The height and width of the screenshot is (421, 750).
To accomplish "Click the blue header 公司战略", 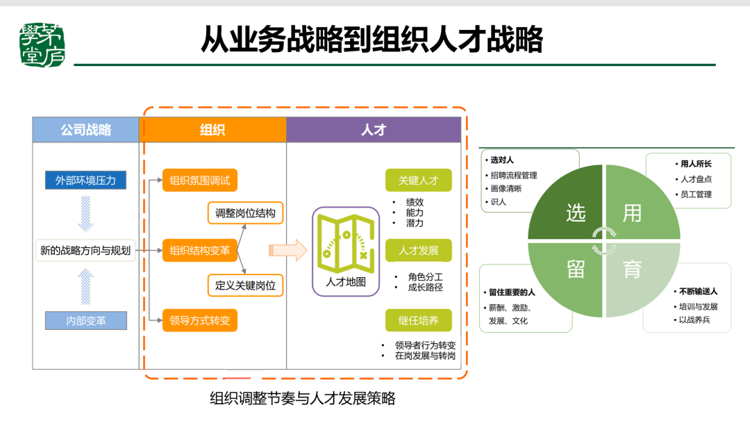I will pyautogui.click(x=85, y=130).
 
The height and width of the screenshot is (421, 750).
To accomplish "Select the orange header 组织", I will pyautogui.click(x=212, y=130).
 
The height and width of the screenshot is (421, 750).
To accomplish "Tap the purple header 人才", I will pyautogui.click(x=374, y=130).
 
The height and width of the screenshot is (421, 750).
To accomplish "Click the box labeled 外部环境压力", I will pyautogui.click(x=85, y=181).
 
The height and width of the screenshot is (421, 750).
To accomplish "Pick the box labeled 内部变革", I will pyautogui.click(x=86, y=321).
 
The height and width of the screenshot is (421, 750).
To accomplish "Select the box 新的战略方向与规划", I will pyautogui.click(x=85, y=251).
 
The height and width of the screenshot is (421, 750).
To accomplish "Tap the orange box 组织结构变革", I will pyautogui.click(x=199, y=250).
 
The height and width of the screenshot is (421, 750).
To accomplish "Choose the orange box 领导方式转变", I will pyautogui.click(x=199, y=320).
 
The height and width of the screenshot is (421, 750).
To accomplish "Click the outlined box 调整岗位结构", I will pyautogui.click(x=245, y=213).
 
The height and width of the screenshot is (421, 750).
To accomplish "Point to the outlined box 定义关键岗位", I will pyautogui.click(x=245, y=285).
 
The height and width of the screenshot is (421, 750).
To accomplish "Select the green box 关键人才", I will pyautogui.click(x=418, y=181).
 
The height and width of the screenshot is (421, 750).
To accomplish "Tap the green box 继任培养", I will pyautogui.click(x=418, y=320).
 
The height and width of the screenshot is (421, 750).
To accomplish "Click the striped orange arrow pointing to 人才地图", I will pyautogui.click(x=287, y=250).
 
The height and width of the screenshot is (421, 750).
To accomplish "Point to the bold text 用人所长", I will pyautogui.click(x=696, y=164).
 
